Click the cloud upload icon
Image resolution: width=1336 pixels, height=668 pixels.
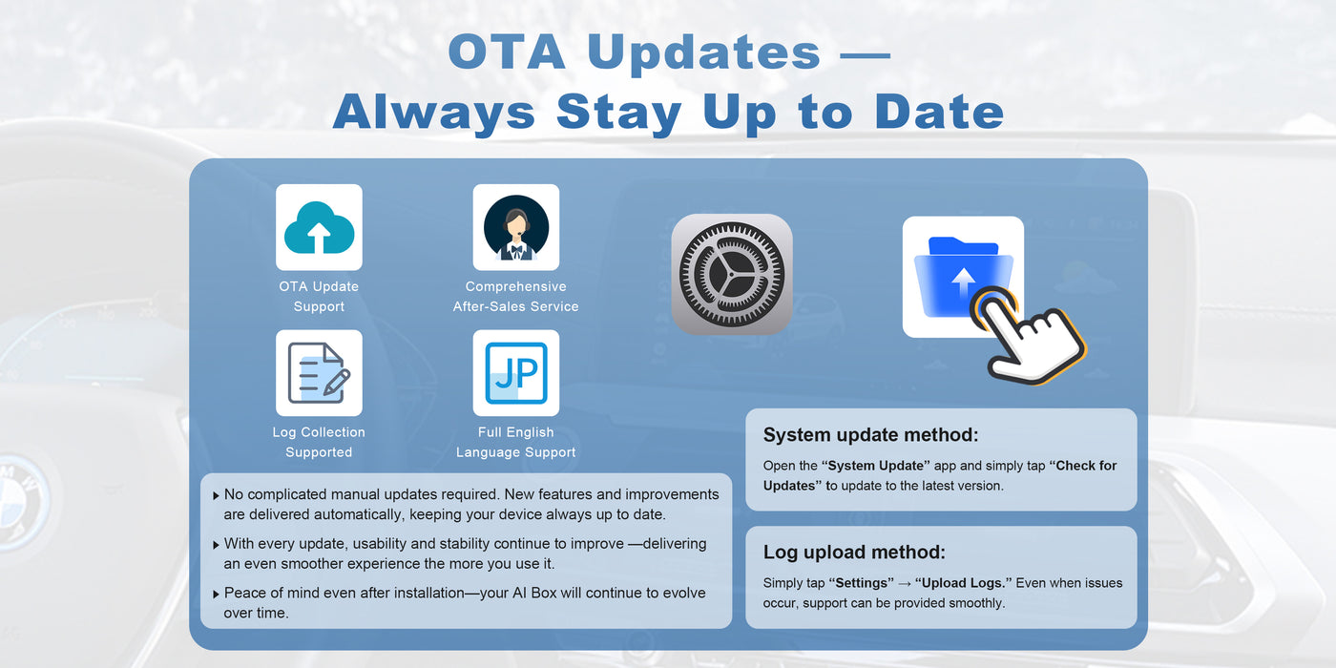coord(319,227)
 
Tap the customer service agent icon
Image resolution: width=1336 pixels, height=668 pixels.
coord(515,227)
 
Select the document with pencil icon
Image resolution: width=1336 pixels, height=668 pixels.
coord(319,373)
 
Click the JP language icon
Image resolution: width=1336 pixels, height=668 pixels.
coord(515,373)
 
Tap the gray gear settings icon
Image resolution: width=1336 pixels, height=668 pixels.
coord(731,274)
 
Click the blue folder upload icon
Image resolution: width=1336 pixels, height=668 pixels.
coord(962,277)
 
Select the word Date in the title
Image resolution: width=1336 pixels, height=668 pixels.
coord(939,112)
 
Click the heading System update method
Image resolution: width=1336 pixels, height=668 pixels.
coord(870,435)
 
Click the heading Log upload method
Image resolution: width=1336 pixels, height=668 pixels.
coord(854,552)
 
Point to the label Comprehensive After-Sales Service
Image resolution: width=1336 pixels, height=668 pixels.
coord(515,297)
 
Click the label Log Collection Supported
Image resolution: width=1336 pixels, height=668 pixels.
coord(319,443)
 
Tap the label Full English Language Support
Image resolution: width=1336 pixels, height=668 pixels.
coord(515,443)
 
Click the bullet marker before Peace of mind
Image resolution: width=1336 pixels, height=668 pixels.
coord(216,594)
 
